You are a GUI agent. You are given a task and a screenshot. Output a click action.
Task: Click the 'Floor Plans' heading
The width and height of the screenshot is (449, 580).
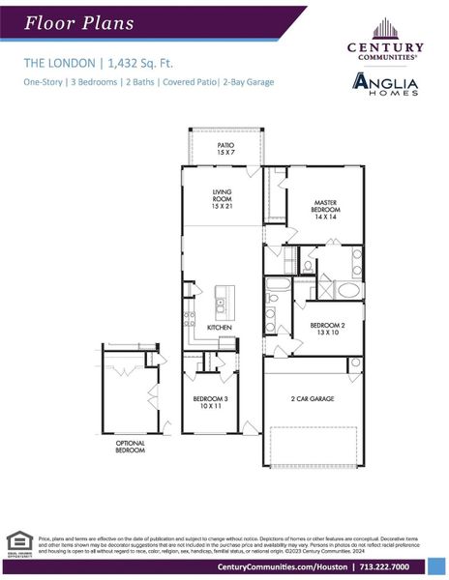[79, 22]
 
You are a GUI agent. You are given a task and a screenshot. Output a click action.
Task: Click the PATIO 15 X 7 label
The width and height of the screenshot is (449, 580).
[224, 149]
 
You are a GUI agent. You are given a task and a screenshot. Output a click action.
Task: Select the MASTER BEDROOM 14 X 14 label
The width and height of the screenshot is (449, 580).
[324, 209]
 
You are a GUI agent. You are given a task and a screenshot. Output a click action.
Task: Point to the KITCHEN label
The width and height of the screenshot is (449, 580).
[221, 328]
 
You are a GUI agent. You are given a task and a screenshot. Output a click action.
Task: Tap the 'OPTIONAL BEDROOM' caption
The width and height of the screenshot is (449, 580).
[131, 447]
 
